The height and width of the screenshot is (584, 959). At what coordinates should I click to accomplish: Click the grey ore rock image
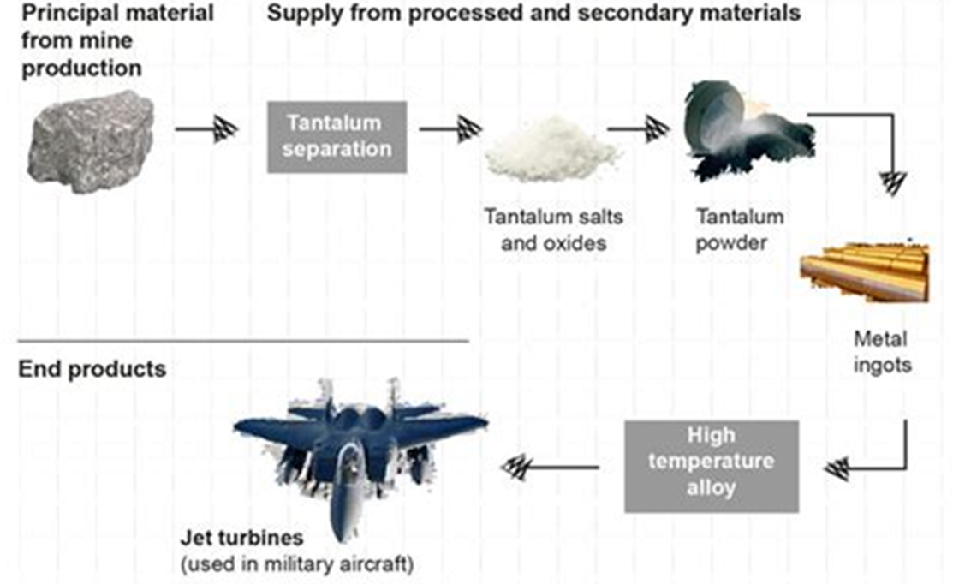(91, 142)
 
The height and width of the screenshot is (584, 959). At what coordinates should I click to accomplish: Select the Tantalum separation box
(337, 137)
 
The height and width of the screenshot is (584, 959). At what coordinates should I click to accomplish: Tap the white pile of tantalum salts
(551, 149)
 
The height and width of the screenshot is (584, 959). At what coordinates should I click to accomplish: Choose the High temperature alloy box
(712, 467)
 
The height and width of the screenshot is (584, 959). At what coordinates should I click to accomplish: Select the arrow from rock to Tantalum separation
(206, 129)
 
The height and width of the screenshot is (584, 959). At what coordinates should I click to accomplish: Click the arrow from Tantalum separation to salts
(450, 129)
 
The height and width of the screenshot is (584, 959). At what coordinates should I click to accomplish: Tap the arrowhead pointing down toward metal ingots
(892, 183)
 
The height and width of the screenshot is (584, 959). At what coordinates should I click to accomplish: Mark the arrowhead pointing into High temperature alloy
(837, 469)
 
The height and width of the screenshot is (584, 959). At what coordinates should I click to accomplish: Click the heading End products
(92, 369)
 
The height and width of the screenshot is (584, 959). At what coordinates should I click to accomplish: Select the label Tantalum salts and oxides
(553, 230)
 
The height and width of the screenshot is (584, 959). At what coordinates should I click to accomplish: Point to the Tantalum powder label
(740, 230)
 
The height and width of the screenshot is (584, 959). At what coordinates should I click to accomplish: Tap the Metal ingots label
(882, 352)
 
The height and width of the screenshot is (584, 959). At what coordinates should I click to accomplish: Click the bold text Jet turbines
(241, 538)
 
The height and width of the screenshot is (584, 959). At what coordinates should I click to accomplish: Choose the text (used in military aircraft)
(297, 563)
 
